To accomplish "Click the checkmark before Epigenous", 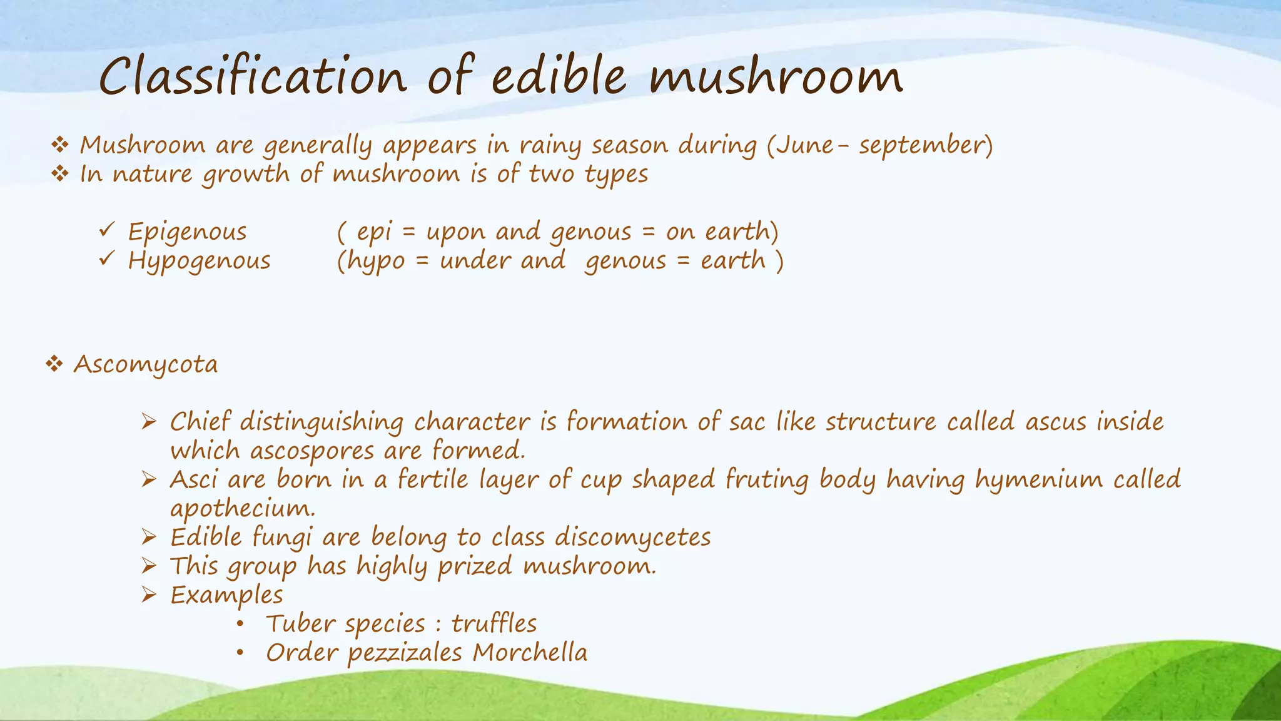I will tap(106, 230).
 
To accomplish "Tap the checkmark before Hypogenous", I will tap(106, 258).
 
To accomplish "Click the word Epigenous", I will tap(187, 232).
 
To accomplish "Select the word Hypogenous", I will tap(199, 261).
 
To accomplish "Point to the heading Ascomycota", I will tap(146, 364).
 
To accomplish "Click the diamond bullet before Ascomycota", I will tap(54, 364).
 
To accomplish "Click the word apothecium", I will tap(241, 508).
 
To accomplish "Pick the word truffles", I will tap(494, 624).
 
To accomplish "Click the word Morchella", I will tap(530, 653).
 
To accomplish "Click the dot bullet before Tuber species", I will tap(240, 624).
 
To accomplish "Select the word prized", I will tap(475, 567).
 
